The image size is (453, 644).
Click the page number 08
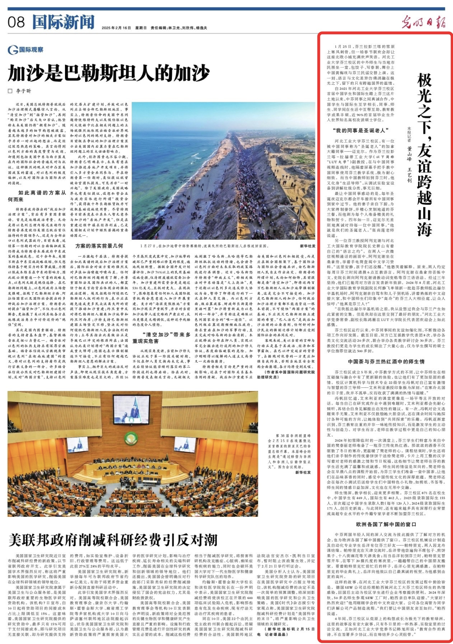point(16,22)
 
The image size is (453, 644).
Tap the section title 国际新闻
point(63,22)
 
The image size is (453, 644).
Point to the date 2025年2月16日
point(116,28)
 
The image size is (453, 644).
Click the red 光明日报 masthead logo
point(423,21)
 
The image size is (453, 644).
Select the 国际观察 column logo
point(26,50)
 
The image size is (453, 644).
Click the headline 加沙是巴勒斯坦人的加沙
point(109,73)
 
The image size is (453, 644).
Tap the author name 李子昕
point(23,91)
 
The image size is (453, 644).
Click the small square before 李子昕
point(10,91)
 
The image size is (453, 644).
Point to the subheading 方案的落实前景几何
point(99,246)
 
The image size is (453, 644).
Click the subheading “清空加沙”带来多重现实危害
point(161,338)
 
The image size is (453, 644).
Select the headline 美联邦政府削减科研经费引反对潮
point(113,540)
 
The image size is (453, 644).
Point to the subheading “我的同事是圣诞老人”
point(361,131)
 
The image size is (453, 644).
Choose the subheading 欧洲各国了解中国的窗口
point(386,524)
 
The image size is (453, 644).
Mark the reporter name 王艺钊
point(409,175)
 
